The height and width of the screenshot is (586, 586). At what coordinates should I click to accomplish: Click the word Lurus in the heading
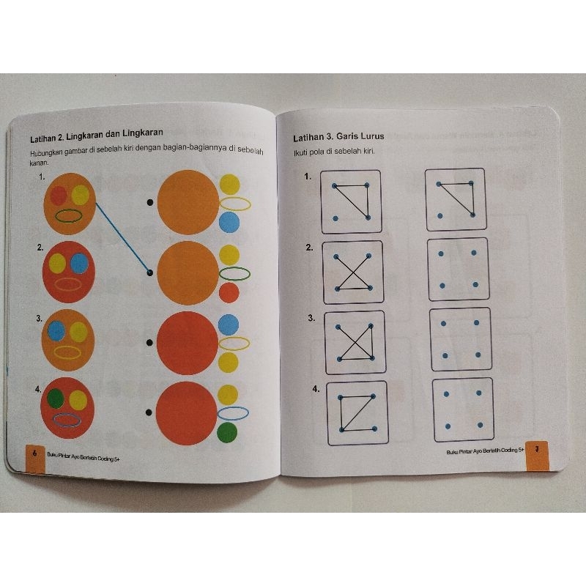click(x=371, y=136)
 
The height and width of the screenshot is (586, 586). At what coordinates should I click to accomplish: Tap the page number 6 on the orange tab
click(x=34, y=453)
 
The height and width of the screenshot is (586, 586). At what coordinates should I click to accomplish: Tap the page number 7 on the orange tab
click(x=537, y=448)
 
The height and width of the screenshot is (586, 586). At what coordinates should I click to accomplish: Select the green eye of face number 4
click(x=56, y=398)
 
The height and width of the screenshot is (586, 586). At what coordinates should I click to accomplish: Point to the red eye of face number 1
click(x=59, y=196)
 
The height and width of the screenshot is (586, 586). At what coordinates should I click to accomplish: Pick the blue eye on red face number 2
click(x=80, y=264)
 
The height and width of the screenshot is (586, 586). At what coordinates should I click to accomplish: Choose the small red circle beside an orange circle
click(x=229, y=292)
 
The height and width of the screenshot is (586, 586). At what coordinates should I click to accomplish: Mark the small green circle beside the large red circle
click(x=227, y=432)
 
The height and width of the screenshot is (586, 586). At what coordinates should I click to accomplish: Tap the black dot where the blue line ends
click(x=150, y=273)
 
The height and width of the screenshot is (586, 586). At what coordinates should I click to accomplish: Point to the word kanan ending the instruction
click(x=40, y=163)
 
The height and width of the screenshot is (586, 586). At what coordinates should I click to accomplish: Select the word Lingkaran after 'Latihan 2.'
click(x=84, y=136)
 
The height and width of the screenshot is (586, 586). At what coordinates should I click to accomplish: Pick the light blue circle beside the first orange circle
click(x=229, y=222)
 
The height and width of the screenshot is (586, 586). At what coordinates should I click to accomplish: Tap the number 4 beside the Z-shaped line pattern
click(x=316, y=389)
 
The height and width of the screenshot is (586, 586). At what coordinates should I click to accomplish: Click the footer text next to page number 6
click(x=84, y=456)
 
